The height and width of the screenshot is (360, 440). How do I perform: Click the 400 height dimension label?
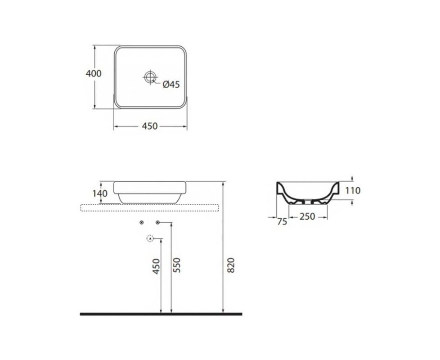[x=94, y=73]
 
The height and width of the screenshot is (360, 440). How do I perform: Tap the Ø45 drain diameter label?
[x=171, y=84]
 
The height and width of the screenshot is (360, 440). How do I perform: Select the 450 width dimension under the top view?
[x=150, y=126]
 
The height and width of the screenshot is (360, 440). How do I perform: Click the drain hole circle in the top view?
[x=150, y=77]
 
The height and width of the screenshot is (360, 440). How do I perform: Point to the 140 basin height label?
[x=100, y=193]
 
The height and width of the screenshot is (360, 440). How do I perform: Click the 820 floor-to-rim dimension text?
[x=231, y=265]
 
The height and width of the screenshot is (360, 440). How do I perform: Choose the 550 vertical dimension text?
[x=177, y=265]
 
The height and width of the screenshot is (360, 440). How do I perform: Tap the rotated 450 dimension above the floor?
[x=156, y=266]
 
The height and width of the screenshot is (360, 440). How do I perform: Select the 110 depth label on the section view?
[x=353, y=190]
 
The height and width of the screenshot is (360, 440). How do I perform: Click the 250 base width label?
[x=308, y=216]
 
